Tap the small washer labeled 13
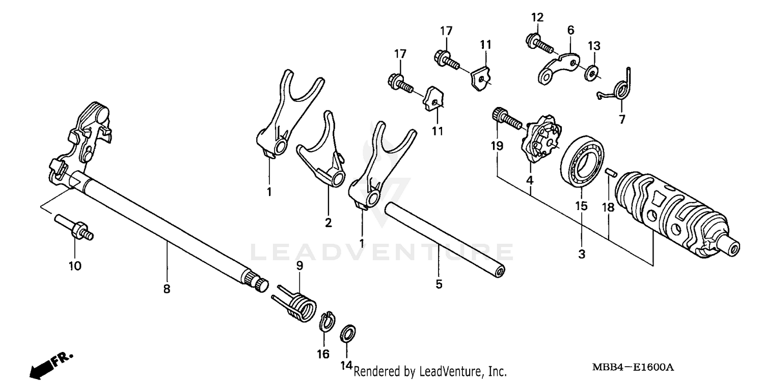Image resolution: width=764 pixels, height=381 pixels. (591, 71)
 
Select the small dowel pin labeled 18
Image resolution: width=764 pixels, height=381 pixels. (609, 173)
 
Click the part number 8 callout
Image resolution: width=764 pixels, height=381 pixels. (167, 289)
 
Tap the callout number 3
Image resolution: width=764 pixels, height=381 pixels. (582, 253)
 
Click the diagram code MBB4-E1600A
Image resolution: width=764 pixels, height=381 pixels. (633, 368)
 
